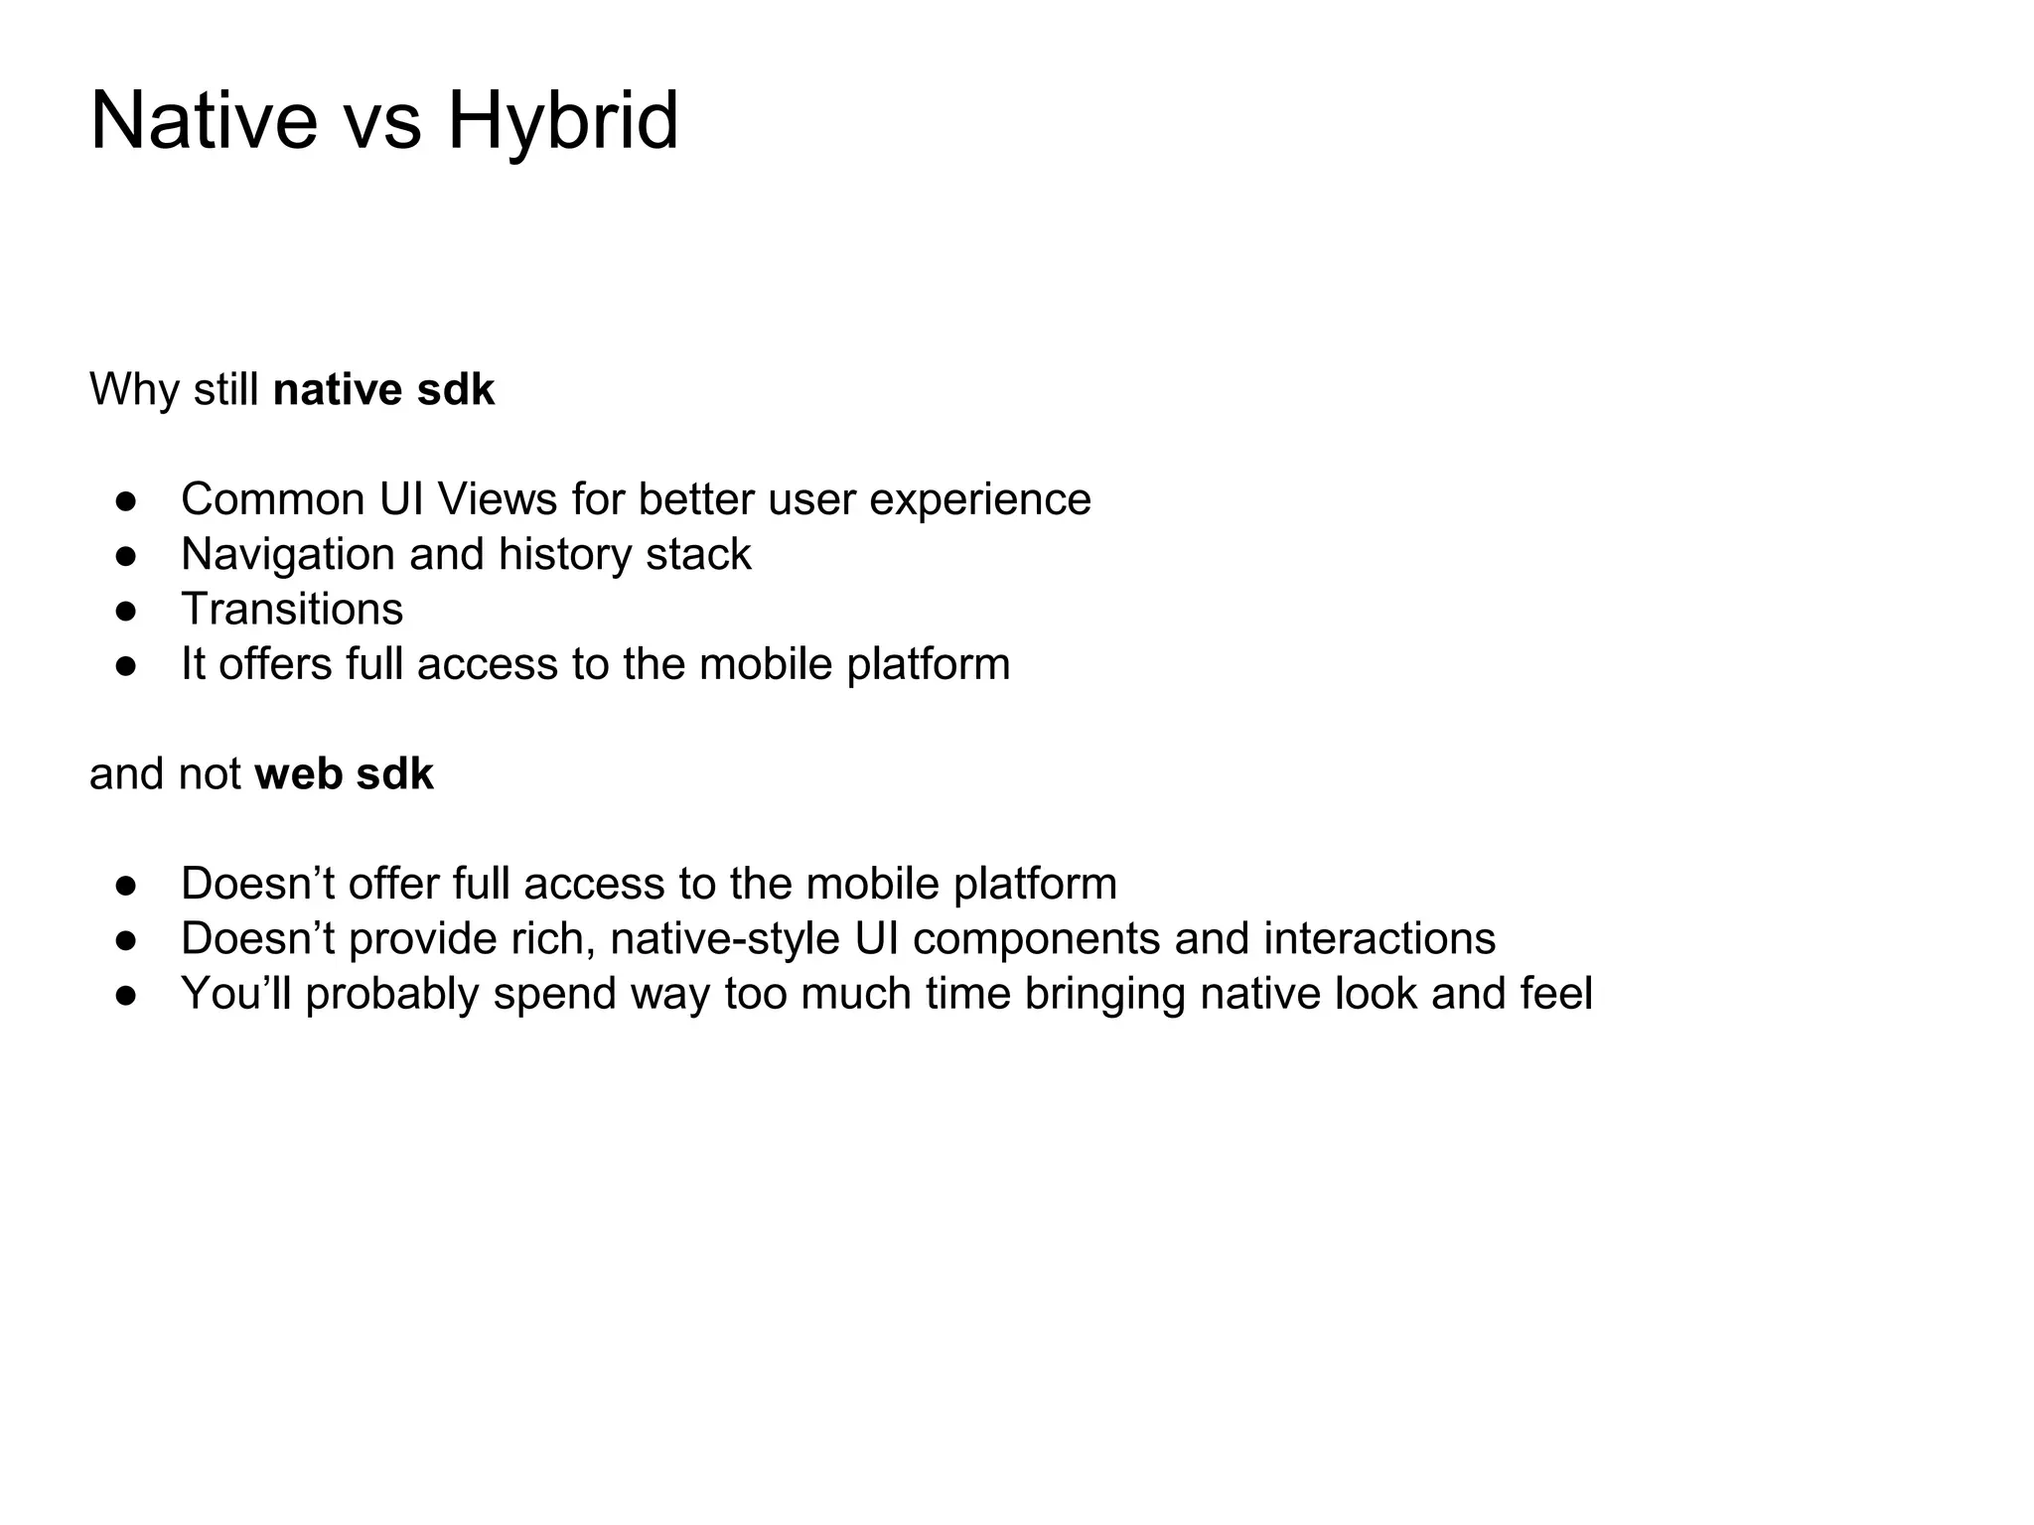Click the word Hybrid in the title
click(562, 121)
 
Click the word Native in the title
click(203, 121)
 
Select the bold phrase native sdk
click(383, 389)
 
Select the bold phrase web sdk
click(344, 774)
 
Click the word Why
click(134, 389)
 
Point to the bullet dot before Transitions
click(125, 611)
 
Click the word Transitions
click(292, 609)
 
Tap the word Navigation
click(288, 555)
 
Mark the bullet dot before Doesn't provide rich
click(125, 940)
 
